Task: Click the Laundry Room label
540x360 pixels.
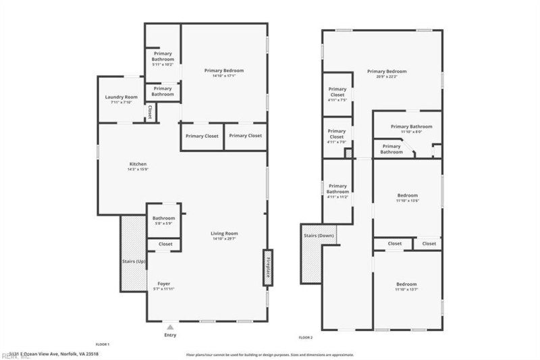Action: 122,97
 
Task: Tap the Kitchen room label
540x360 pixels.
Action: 138,163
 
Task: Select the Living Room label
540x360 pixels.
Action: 225,234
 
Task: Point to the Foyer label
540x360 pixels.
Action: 163,284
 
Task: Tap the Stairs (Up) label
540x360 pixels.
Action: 133,261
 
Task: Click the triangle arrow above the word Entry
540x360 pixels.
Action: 170,327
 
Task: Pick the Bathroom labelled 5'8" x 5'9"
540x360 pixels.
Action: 163,218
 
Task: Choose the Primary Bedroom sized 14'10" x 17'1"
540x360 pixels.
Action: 224,71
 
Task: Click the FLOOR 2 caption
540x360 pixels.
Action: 306,337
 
